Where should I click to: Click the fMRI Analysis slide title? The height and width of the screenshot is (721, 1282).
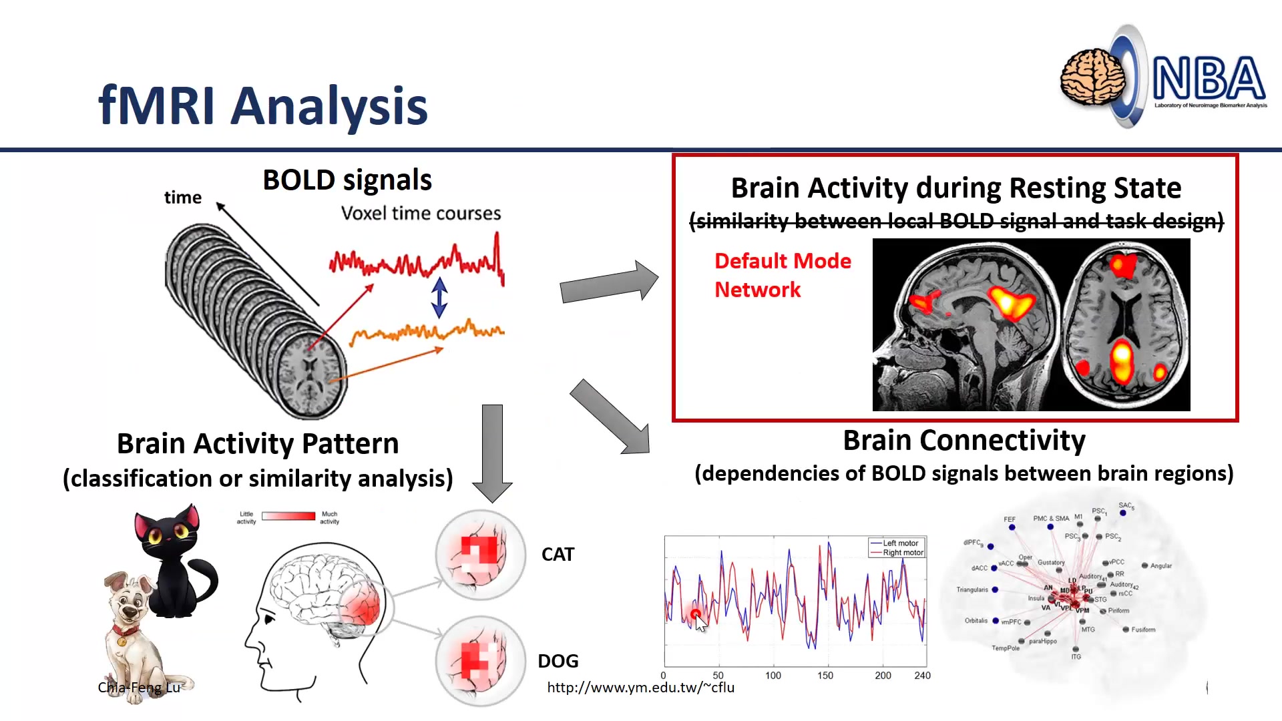click(x=262, y=105)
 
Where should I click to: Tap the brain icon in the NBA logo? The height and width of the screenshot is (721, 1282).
click(x=1092, y=79)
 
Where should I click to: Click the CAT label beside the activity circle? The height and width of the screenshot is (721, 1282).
click(x=558, y=555)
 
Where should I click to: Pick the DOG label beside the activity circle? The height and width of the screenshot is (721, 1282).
click(x=558, y=661)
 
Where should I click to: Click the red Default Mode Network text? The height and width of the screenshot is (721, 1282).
click(x=782, y=275)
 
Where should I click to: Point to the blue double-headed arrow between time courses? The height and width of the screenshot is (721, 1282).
click(x=439, y=297)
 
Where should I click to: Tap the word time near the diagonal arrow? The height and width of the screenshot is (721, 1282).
click(x=182, y=198)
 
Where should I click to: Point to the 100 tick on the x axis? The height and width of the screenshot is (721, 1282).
click(x=773, y=676)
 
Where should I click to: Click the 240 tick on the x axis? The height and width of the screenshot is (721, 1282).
click(x=922, y=676)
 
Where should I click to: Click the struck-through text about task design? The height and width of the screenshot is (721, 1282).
click(x=955, y=221)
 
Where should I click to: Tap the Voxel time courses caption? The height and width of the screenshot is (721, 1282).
click(x=421, y=214)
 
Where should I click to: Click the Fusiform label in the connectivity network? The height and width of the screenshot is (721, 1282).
click(x=1142, y=630)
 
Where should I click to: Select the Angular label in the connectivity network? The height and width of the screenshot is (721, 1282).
click(x=1160, y=566)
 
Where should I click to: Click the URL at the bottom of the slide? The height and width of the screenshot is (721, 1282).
click(x=640, y=688)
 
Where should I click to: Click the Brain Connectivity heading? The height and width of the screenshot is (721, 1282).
click(x=964, y=441)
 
